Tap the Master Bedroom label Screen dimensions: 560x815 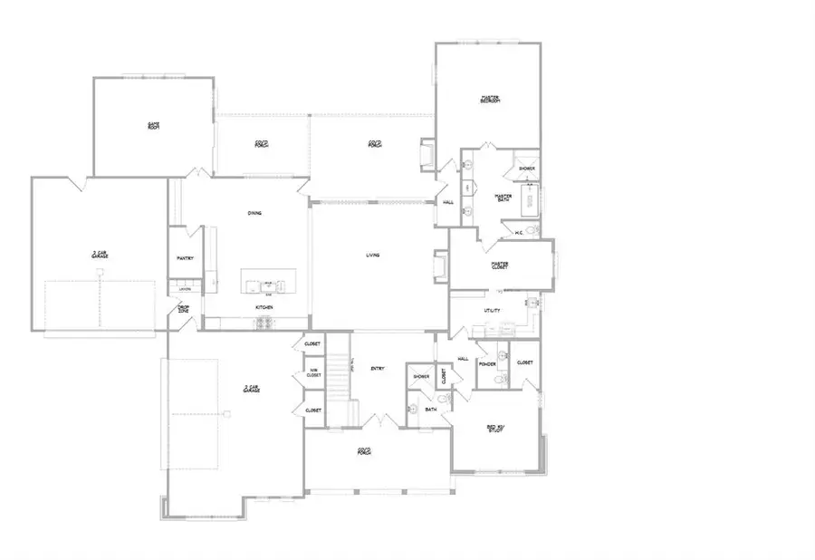pos(490,99)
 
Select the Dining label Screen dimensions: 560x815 pos(255,214)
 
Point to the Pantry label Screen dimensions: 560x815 pos(185,259)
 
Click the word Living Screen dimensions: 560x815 pos(372,256)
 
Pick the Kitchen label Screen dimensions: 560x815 pos(264,308)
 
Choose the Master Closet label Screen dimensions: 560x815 pos(500,266)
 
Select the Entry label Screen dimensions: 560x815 pos(379,368)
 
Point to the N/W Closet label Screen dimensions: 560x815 pos(314,373)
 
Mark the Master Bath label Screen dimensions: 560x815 pos(503,198)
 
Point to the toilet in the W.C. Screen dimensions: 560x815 pos(533,231)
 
